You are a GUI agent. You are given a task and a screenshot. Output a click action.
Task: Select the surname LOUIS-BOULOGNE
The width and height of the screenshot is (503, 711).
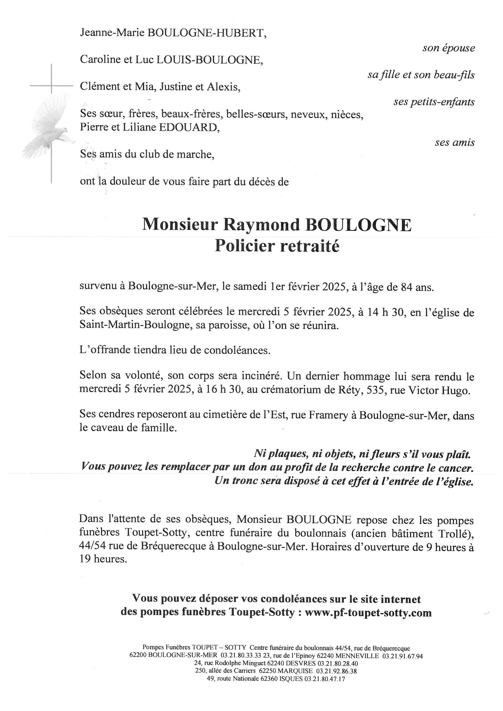tap(210, 59)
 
